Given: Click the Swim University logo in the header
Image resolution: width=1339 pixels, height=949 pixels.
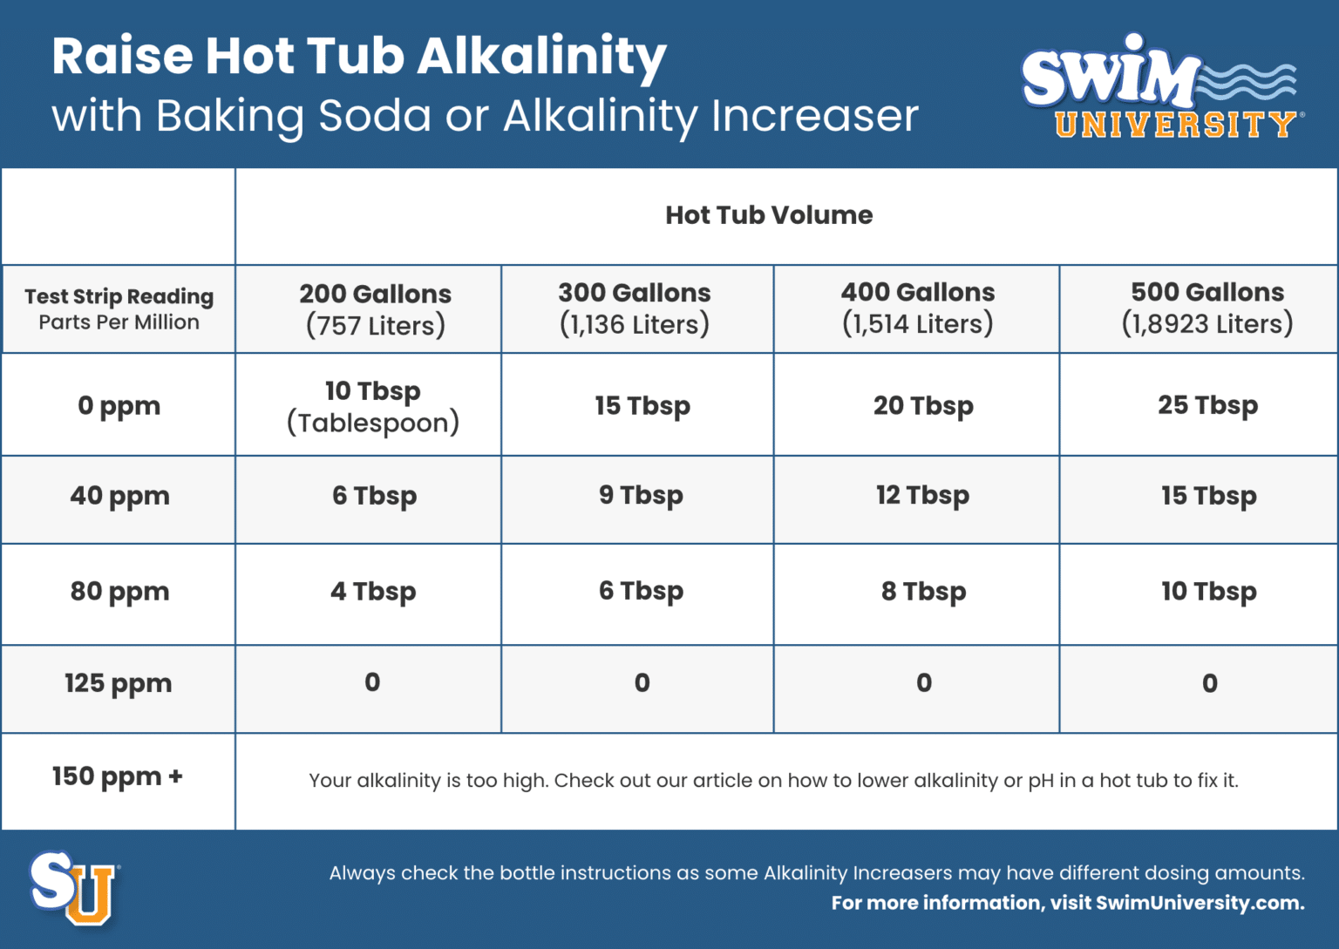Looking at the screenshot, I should click(x=1162, y=86).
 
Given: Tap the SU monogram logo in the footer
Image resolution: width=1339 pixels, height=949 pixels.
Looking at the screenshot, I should click(x=73, y=887).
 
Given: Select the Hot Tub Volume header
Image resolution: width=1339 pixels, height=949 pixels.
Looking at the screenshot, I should click(x=769, y=215).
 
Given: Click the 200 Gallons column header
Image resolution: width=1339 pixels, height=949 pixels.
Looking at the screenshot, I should click(x=375, y=309).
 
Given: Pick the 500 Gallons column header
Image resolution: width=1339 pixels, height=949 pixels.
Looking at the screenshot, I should click(x=1207, y=308).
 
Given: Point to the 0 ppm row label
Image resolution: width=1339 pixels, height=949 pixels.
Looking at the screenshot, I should click(x=119, y=406).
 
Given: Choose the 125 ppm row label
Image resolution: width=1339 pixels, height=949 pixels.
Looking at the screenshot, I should click(x=118, y=683).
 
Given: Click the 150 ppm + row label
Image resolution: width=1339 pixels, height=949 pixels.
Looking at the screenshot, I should click(x=117, y=776).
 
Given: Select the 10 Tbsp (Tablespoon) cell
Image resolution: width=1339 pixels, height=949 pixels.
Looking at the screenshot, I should click(x=373, y=406).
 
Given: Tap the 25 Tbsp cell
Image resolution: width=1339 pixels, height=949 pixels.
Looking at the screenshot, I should click(x=1207, y=405).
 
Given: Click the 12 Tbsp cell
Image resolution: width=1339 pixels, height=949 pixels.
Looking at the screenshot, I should click(x=922, y=496).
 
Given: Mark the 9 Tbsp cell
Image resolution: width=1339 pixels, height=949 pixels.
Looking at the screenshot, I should click(x=641, y=496).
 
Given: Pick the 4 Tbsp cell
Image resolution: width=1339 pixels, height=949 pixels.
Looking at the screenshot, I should click(x=373, y=592).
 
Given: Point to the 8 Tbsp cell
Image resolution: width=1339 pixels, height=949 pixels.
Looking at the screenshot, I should click(x=923, y=592).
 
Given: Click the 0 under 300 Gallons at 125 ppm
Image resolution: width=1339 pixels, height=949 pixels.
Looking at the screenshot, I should click(x=642, y=683).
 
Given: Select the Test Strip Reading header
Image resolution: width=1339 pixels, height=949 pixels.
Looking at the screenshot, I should click(x=119, y=308).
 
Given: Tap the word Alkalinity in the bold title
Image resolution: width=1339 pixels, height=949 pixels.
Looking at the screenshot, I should click(x=541, y=58).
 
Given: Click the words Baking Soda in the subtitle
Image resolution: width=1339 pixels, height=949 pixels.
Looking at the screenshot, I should click(x=293, y=116).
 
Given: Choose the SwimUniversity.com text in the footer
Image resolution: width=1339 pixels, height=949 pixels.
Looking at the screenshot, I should click(x=1200, y=903).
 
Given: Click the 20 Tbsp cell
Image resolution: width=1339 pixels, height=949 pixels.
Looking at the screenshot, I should click(x=923, y=406).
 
